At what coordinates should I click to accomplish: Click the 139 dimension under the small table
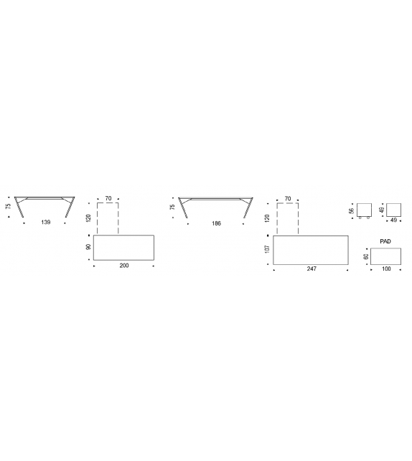45,222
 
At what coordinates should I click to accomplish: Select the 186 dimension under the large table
216,223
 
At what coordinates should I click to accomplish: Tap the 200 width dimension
124,266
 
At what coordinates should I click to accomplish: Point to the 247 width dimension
312,269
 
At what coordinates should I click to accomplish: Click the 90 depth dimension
88,247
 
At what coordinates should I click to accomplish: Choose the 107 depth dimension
267,249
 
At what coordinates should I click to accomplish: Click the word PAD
385,241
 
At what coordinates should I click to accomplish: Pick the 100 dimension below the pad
386,269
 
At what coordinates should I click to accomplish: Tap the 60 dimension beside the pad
366,256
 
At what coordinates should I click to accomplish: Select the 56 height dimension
351,211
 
